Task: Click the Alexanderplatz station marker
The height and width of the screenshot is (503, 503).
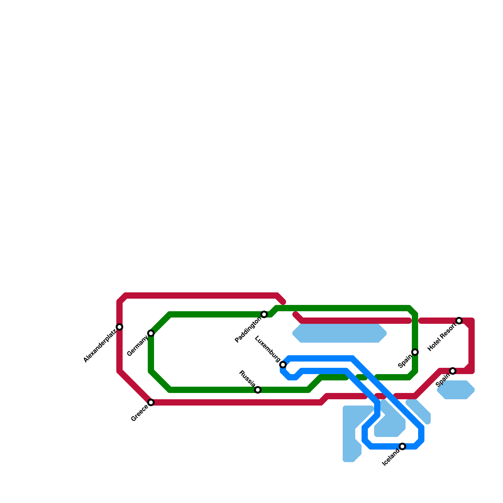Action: (x=119, y=327)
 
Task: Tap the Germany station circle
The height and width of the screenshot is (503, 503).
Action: (x=151, y=333)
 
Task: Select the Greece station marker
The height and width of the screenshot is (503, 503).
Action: (x=151, y=402)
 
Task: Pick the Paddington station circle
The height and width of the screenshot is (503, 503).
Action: (x=264, y=314)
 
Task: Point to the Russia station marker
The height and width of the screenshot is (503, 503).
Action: (x=258, y=390)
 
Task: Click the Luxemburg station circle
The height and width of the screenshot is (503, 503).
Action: (x=283, y=365)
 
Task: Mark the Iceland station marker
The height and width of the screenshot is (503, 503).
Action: (x=402, y=446)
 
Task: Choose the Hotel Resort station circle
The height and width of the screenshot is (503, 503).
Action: (x=459, y=321)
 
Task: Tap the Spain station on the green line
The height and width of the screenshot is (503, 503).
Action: (x=415, y=352)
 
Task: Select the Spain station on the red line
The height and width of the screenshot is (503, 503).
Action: (x=453, y=371)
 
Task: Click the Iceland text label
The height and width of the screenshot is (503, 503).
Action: (x=390, y=458)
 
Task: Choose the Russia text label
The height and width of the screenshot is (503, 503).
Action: (x=247, y=379)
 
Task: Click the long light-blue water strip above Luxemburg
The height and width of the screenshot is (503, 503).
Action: (x=340, y=333)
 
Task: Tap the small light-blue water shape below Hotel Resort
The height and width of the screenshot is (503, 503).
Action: (x=456, y=390)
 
